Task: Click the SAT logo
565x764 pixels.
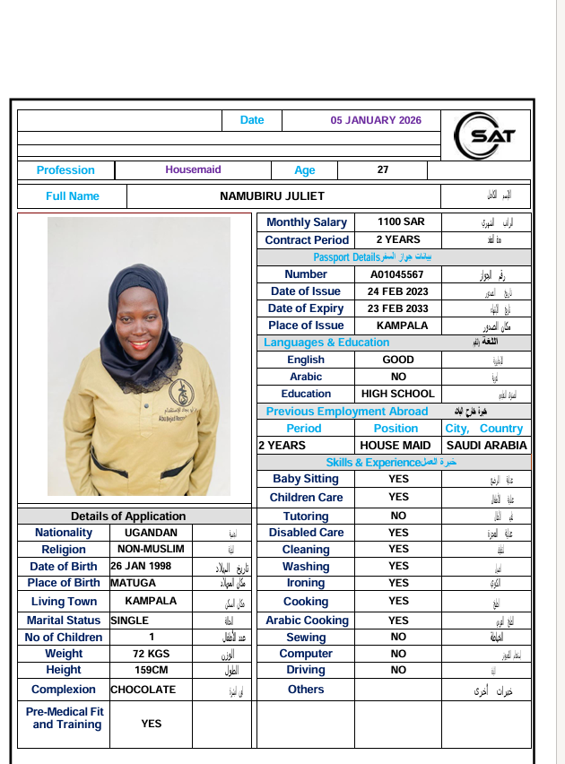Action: pos(485,135)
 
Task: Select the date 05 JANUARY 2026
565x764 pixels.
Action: pos(376,120)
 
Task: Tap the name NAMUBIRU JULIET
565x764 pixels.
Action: pos(272,196)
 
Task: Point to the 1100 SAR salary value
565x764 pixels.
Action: pos(395,222)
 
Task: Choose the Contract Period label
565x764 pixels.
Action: pos(307,240)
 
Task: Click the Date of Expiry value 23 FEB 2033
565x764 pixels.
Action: pos(397,308)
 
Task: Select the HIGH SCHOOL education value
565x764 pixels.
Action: pos(397,394)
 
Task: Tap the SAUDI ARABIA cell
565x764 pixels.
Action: pos(486,445)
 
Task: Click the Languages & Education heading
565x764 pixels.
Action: pos(326,343)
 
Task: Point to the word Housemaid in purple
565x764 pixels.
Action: pos(193,169)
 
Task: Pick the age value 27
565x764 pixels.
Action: pos(383,169)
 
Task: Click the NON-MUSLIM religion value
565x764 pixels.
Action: pos(151,549)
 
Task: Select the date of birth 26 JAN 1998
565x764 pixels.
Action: pos(141,567)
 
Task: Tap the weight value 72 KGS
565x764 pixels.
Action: pos(151,654)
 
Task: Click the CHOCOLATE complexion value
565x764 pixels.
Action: pos(143,690)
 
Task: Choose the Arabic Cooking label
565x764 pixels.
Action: pos(307,621)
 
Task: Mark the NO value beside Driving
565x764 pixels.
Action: pos(398,670)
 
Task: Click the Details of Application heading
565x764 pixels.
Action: pos(128,516)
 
